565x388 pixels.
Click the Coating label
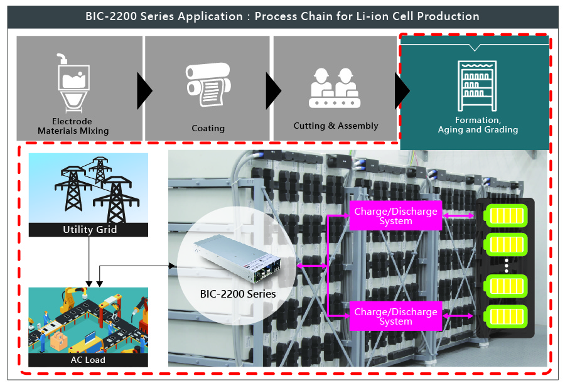208,128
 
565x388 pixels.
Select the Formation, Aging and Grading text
478,125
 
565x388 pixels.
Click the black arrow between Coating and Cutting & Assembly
273,90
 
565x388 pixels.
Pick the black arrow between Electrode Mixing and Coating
144,90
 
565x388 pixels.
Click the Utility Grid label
89,230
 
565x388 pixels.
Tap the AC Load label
88,360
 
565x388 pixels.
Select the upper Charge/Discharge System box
395,216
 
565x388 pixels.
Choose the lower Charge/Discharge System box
395,316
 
